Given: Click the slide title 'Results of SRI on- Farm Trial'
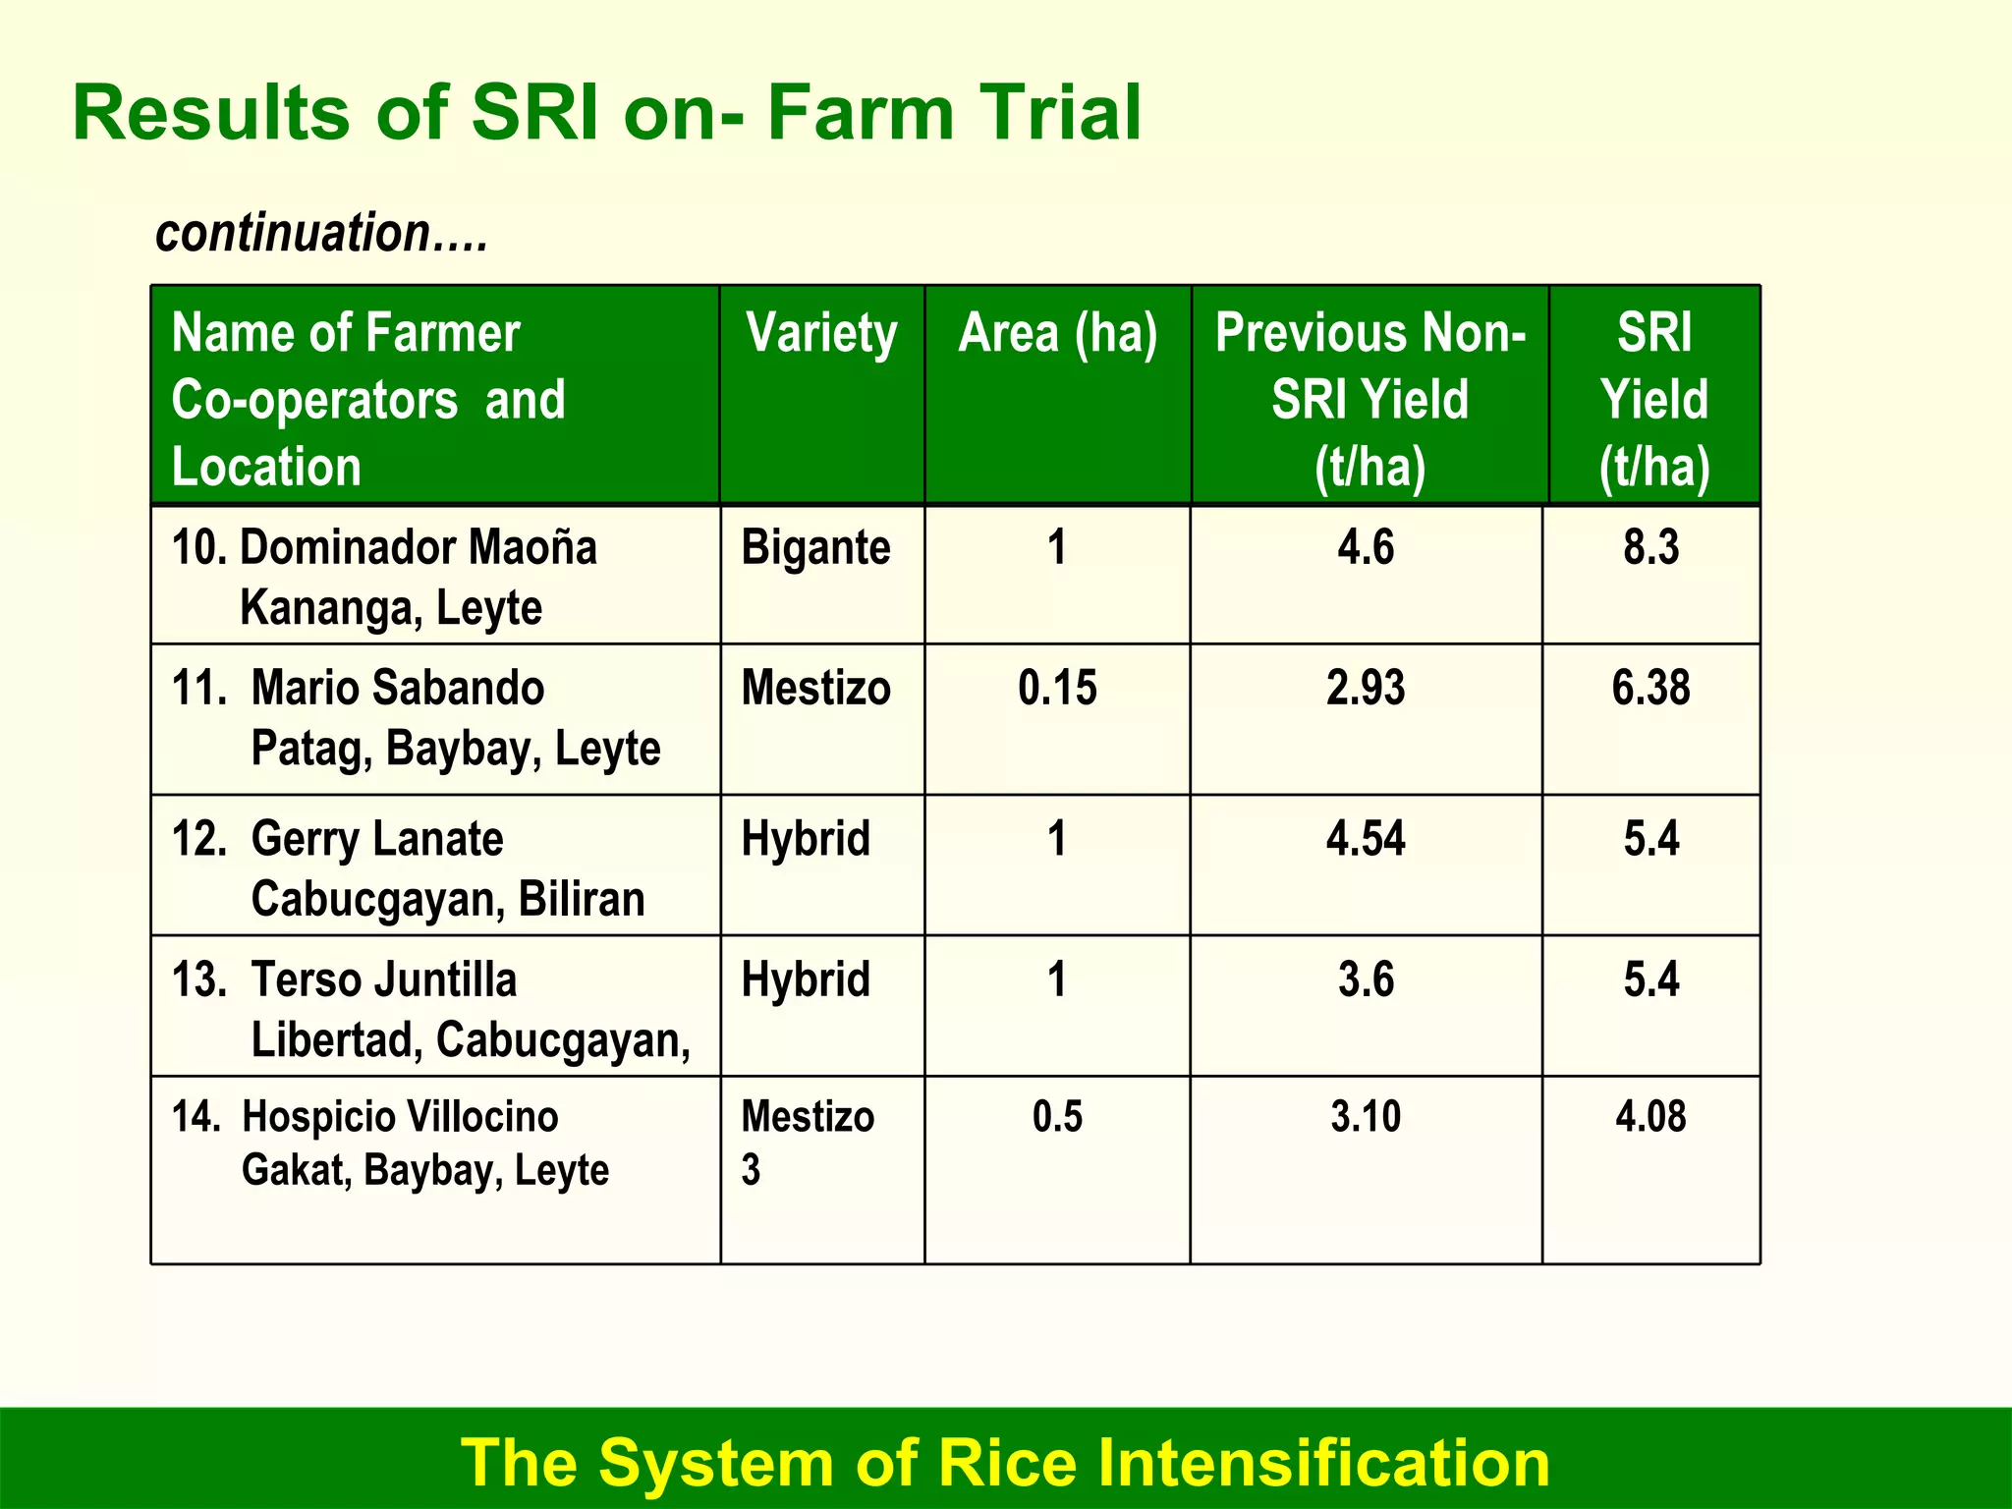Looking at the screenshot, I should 606,113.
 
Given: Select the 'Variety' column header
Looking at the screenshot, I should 821,333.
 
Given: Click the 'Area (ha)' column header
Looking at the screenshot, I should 1057,333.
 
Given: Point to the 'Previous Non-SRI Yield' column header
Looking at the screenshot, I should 1369,399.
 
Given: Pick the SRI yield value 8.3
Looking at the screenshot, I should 1650,547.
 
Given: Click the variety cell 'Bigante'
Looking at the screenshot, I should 815,547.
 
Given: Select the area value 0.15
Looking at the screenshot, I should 1057,688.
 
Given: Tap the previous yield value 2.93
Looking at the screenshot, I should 1366,688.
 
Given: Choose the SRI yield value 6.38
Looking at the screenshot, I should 1650,688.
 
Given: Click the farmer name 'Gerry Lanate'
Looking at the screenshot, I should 377,839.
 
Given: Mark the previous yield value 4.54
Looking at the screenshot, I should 1366,839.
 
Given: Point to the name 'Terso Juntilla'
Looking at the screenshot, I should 383,979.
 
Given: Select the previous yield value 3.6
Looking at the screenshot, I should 1366,979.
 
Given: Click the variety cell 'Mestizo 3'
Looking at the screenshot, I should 808,1142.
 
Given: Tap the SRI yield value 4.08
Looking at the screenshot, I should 1650,1117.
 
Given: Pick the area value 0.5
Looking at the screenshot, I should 1057,1117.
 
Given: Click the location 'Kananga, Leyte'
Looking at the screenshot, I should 391,608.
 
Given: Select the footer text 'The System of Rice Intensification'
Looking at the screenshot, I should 1004,1463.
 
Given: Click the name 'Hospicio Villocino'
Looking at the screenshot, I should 400,1117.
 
